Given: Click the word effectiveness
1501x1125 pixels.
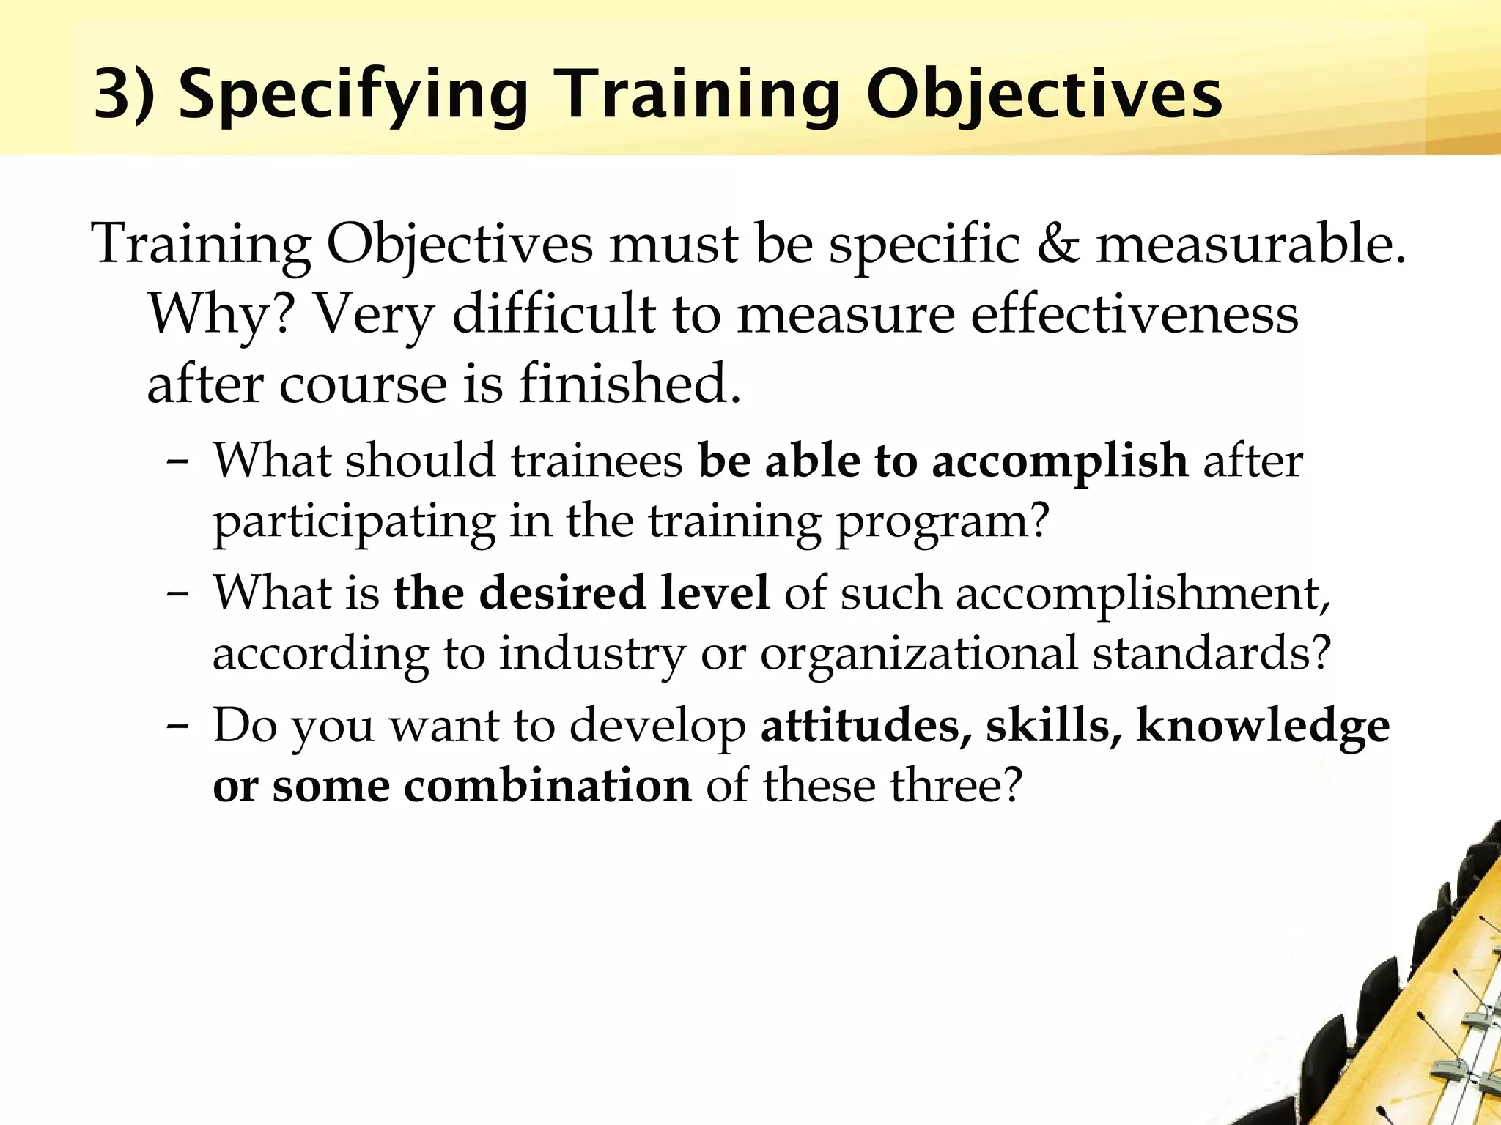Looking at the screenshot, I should tap(1135, 313).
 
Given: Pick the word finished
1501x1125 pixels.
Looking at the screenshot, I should tap(630, 383).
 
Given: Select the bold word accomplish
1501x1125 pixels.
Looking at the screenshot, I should tap(1060, 461).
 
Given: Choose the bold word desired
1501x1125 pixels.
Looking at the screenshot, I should tap(562, 593).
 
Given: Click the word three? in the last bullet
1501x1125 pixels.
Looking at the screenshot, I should tap(956, 786).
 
